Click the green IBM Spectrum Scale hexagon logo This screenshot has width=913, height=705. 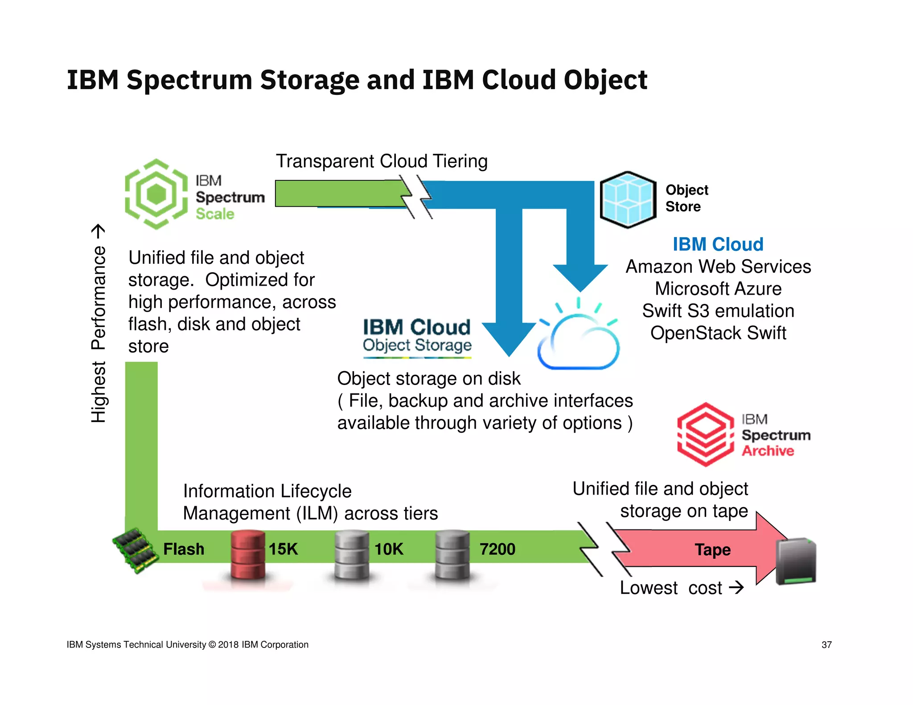156,194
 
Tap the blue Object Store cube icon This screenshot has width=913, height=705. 628,200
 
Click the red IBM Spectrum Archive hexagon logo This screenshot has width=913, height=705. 705,434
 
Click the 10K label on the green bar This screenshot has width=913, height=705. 389,549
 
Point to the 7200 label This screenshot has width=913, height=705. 497,549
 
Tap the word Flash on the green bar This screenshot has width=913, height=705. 184,549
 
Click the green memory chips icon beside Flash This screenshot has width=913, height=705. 135,551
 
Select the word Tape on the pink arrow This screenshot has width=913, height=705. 712,549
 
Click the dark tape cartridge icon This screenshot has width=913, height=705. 796,562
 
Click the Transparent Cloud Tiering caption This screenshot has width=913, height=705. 382,161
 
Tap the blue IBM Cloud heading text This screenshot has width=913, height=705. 718,244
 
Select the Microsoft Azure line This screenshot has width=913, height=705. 718,289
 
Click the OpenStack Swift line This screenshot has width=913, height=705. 718,333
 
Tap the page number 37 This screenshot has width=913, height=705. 827,645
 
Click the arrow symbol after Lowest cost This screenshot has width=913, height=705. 736,587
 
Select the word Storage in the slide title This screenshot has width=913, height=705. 309,80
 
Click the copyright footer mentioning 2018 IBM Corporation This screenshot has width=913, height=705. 187,645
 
